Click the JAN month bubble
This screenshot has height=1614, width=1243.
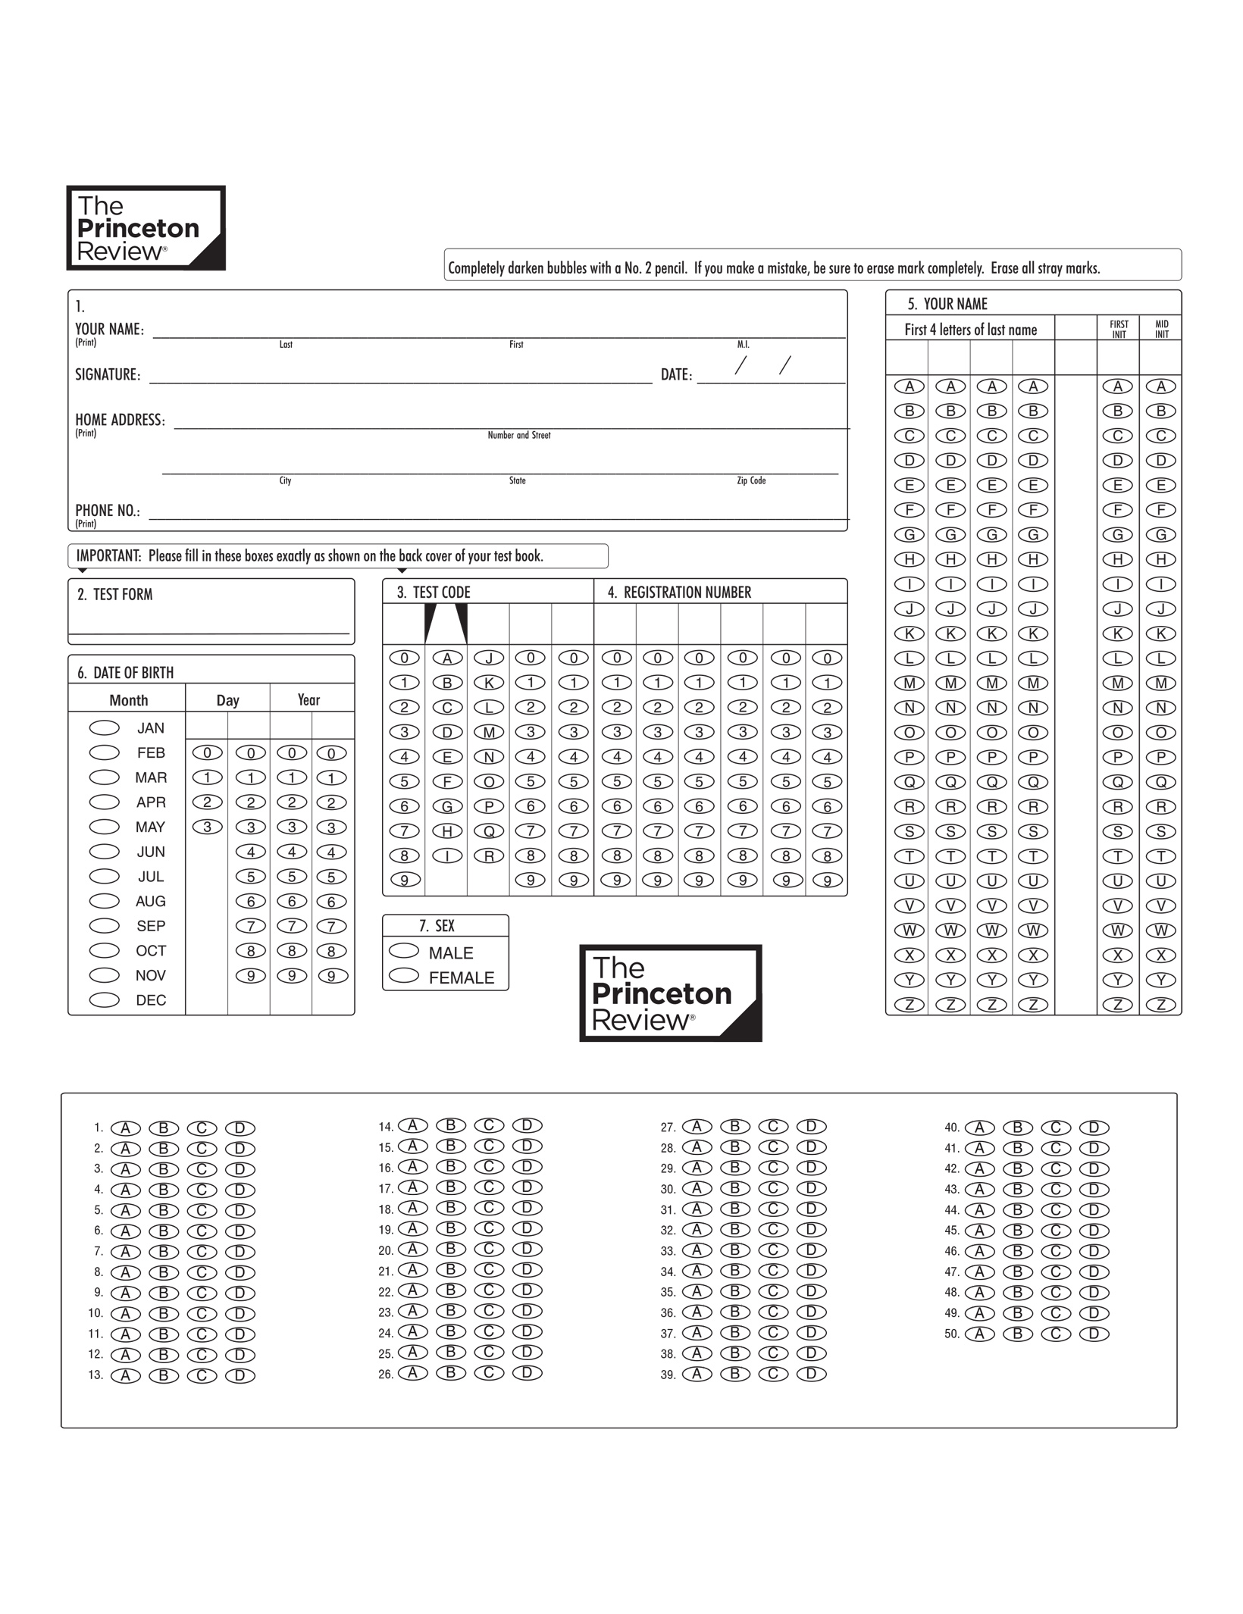[x=105, y=727]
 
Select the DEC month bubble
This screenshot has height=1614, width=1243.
[x=105, y=999]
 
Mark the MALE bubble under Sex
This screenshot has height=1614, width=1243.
[x=404, y=950]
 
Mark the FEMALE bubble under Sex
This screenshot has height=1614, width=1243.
[x=404, y=975]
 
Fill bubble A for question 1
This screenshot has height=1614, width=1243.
[x=126, y=1128]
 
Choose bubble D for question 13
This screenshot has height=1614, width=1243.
[x=240, y=1375]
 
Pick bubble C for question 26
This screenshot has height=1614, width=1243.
[x=489, y=1372]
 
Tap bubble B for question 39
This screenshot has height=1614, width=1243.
[x=734, y=1374]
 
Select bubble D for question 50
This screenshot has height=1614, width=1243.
[x=1094, y=1334]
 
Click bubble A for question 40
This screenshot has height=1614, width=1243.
[x=979, y=1128]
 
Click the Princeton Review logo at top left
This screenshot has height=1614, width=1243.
[x=146, y=228]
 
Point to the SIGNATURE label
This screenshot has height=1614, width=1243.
[x=108, y=374]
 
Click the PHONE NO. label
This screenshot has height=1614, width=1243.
[x=108, y=511]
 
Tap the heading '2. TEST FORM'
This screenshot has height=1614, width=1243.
[x=115, y=595]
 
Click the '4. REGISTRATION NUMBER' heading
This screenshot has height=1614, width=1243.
[x=679, y=593]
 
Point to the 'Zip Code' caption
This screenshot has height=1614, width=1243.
[x=751, y=480]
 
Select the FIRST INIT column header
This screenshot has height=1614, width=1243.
[x=1119, y=329]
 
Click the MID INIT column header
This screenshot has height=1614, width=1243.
[x=1161, y=329]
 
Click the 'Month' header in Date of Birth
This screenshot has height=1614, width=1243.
[x=129, y=700]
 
